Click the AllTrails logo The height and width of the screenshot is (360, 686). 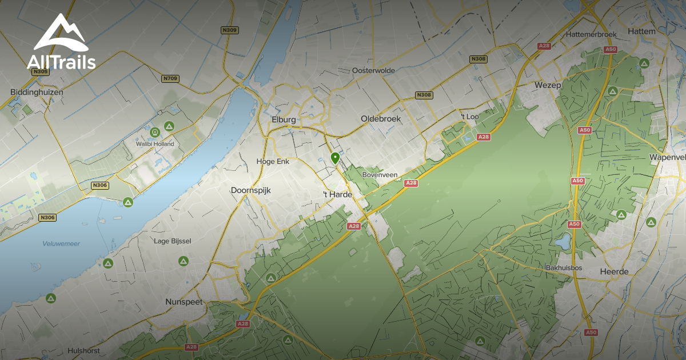[x=61, y=42]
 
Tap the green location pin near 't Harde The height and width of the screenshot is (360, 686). [x=335, y=158]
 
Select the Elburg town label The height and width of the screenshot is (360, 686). [x=284, y=119]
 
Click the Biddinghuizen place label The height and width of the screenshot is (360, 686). [x=37, y=91]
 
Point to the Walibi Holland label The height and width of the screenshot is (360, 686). [x=154, y=144]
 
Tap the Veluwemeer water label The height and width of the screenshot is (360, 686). [x=61, y=243]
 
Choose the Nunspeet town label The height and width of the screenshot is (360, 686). [x=184, y=302]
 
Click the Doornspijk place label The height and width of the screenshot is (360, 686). [x=250, y=190]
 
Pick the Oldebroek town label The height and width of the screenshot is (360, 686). [x=381, y=119]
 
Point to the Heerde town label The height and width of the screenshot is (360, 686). [x=615, y=271]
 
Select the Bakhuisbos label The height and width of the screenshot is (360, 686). [x=559, y=267]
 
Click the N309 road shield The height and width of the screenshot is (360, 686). [x=229, y=30]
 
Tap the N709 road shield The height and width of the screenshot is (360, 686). [x=169, y=78]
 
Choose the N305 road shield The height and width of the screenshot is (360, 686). [x=41, y=71]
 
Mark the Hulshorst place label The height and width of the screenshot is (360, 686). [x=84, y=350]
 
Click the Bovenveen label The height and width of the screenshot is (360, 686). [x=380, y=175]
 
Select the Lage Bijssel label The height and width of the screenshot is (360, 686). [x=173, y=241]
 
